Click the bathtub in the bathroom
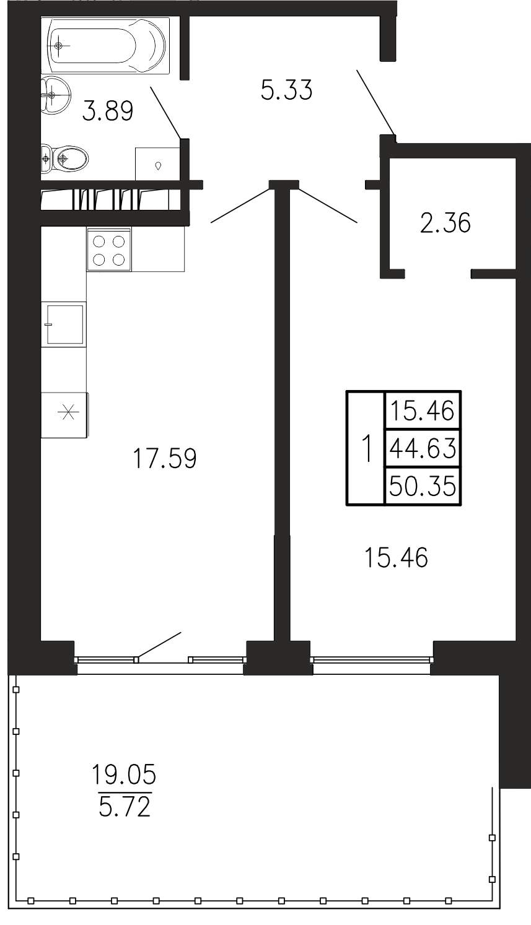click(106, 46)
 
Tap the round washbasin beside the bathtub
click(56, 94)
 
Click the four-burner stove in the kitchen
click(108, 250)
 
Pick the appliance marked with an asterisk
click(64, 415)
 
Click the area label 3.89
click(107, 111)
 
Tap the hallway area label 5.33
click(286, 90)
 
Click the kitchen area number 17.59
click(165, 458)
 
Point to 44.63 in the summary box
click(423, 448)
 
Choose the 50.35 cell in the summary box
click(423, 485)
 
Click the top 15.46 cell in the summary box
click(423, 411)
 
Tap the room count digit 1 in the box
click(366, 449)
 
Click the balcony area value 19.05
click(123, 774)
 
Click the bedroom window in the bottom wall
click(372, 659)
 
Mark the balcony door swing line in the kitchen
click(159, 644)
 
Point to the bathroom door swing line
click(165, 112)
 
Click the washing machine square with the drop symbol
click(157, 164)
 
